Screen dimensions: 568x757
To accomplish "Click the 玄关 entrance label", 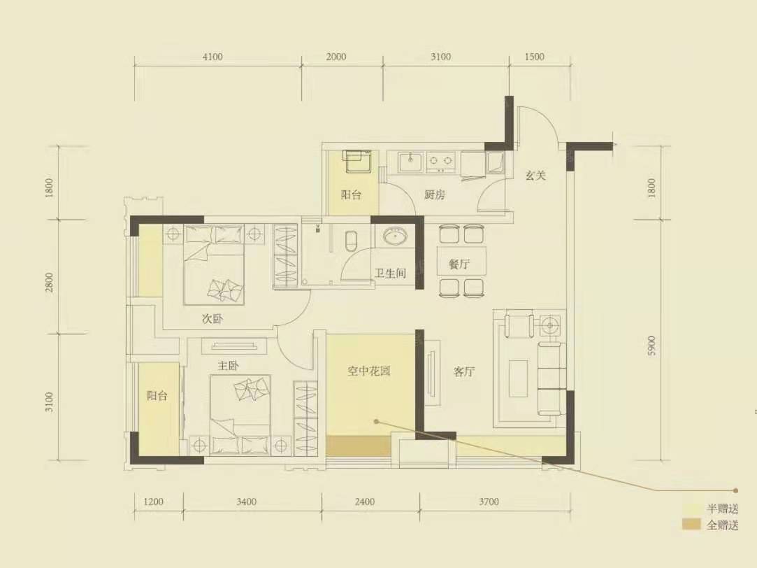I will (535, 176).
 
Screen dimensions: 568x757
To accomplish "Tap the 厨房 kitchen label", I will (434, 195).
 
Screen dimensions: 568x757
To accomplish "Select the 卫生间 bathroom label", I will (390, 274).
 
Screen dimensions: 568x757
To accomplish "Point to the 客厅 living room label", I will (464, 372).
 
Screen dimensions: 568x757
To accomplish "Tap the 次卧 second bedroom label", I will (212, 319).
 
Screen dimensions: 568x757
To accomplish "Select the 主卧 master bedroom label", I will (229, 365).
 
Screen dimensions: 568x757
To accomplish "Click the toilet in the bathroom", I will (352, 240).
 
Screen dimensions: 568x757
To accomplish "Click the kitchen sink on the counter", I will (410, 162).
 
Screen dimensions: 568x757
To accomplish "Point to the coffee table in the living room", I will (519, 378).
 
